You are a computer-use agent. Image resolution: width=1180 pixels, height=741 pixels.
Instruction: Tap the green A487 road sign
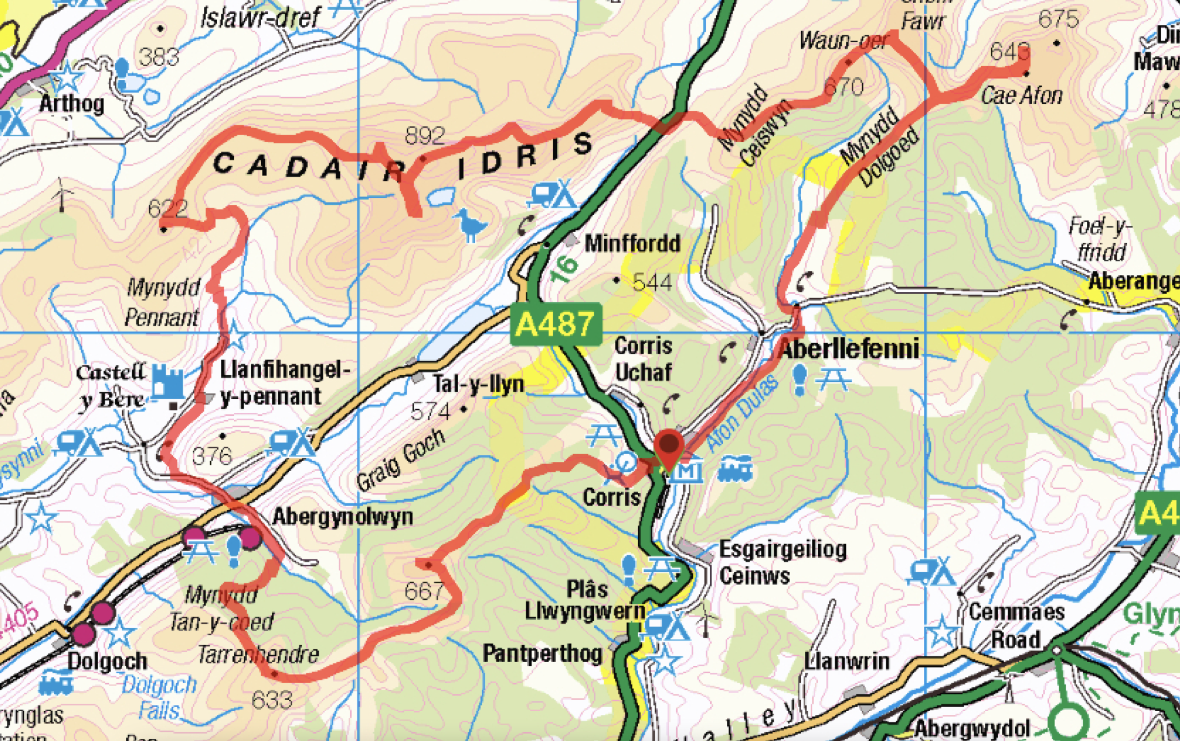point(556,324)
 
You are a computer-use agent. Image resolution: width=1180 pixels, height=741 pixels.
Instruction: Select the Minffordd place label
point(632,243)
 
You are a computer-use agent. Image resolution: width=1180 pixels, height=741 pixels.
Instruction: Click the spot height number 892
point(424,136)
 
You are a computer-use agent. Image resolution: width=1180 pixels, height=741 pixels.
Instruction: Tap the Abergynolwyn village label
point(342,517)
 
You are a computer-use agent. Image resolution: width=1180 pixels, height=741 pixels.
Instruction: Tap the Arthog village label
point(72,104)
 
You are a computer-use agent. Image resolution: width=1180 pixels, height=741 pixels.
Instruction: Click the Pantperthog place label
point(543,653)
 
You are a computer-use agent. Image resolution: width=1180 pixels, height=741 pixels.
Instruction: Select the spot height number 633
point(272,700)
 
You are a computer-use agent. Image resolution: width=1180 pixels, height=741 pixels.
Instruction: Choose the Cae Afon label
point(1021,96)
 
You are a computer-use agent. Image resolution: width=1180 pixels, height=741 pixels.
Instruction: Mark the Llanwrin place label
point(846,661)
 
